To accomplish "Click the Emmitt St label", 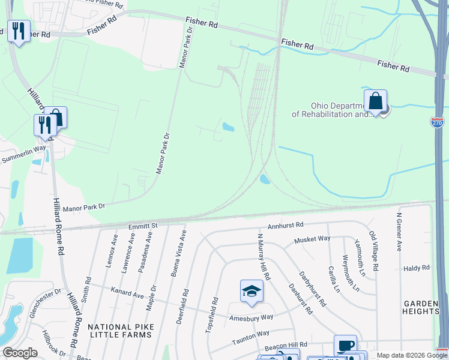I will (142, 226).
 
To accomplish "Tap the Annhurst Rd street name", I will (286, 226).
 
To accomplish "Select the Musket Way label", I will (312, 239).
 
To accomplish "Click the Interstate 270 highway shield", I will (438, 122).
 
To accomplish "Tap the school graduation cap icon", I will (252, 292).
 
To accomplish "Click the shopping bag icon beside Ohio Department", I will (375, 101).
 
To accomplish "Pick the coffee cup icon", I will (345, 346).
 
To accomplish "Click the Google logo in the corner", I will (20, 353).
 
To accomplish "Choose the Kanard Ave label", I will (127, 295).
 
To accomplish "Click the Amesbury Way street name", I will (251, 317).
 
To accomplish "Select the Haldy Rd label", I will (417, 268).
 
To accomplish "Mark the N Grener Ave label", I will (399, 231).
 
